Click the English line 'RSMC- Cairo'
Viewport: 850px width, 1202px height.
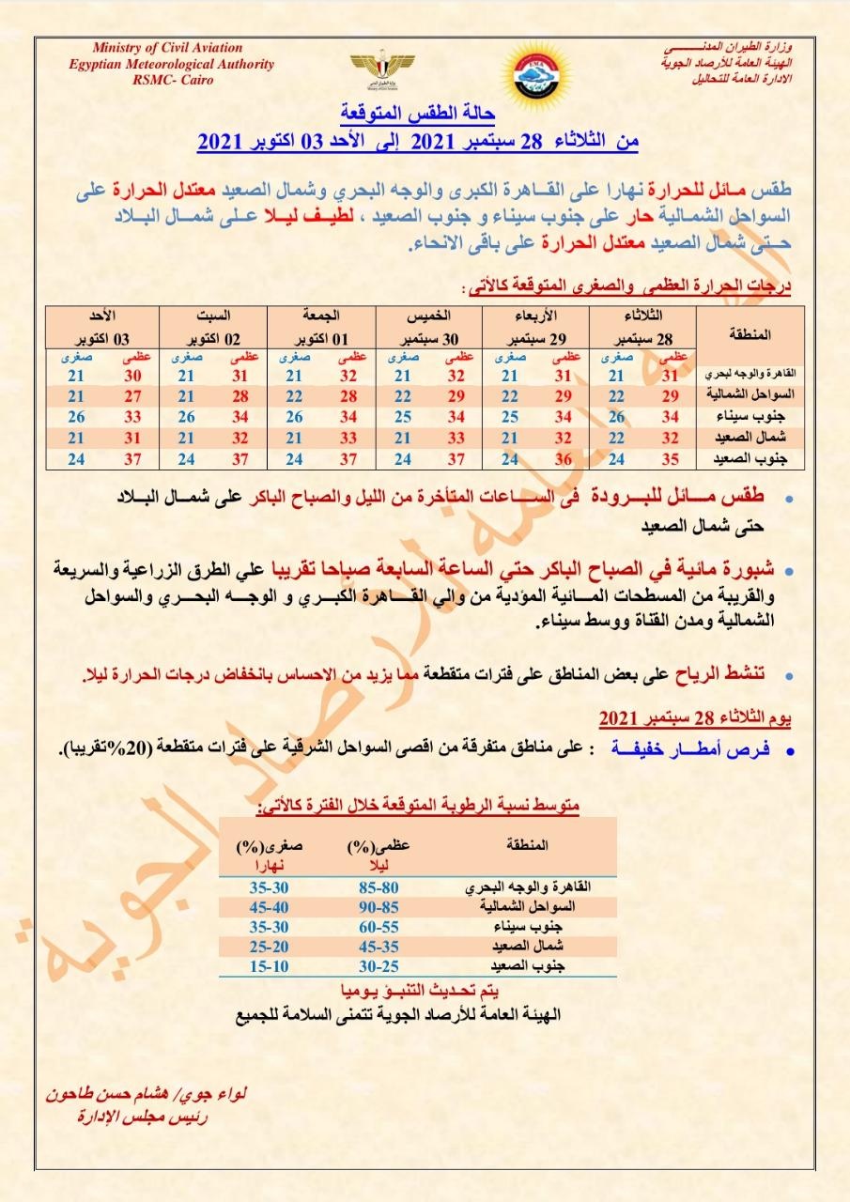coord(172,80)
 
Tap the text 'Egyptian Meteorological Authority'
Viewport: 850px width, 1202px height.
coord(172,64)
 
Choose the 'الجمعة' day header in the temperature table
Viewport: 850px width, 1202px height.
coord(321,316)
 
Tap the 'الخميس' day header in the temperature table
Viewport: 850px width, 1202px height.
coord(428,316)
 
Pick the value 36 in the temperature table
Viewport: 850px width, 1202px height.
coord(565,460)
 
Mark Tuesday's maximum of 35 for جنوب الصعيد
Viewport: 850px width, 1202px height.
coord(671,460)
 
